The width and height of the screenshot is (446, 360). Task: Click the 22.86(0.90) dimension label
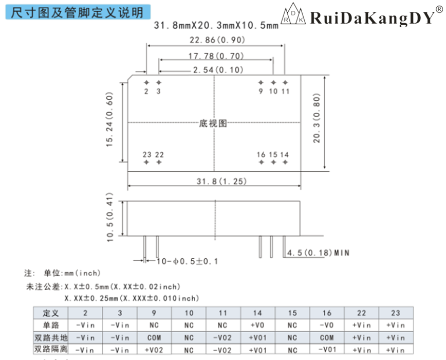click(216, 40)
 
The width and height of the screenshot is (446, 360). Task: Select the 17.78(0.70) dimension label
click(216, 56)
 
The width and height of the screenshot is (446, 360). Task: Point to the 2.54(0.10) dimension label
click(216, 70)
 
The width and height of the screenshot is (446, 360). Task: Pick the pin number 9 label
click(261, 91)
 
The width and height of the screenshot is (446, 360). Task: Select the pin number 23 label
click(147, 154)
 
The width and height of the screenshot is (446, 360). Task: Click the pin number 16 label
click(261, 154)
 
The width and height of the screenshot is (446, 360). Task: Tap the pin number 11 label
click(285, 91)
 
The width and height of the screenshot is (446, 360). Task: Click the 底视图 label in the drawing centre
click(213, 123)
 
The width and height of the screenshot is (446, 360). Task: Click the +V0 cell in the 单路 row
click(257, 325)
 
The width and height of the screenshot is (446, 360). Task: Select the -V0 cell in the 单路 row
click(326, 325)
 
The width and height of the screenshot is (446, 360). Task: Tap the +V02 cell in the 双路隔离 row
click(154, 350)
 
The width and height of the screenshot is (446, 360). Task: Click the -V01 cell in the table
click(326, 350)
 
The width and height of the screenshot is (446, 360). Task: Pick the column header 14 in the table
click(257, 313)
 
